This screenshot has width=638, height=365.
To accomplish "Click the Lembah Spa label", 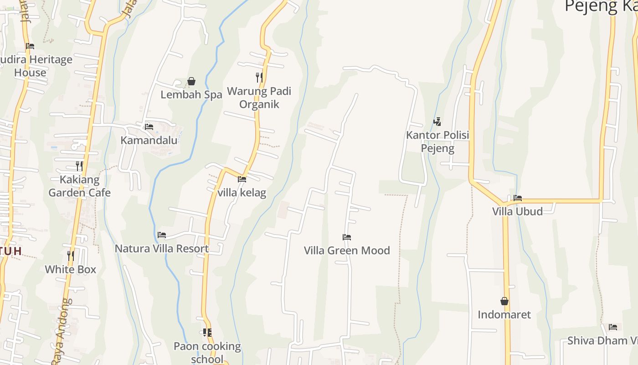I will [191, 95].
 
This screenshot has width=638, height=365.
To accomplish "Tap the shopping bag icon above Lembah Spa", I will [191, 81].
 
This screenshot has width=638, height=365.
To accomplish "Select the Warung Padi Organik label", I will [259, 98].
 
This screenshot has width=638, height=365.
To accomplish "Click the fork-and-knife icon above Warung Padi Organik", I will [259, 78].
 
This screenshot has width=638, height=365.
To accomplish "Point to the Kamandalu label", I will [149, 140].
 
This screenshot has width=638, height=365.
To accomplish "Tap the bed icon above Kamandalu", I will [149, 127].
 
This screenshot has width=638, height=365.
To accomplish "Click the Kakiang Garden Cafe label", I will [80, 186].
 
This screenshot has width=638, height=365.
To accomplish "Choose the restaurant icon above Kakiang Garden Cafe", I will [79, 166].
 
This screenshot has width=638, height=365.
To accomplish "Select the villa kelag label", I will [242, 193].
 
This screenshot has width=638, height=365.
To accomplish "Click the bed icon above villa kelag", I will [242, 179].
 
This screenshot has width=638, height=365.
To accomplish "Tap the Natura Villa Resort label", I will [162, 249].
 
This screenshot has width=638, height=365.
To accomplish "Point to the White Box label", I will [71, 269].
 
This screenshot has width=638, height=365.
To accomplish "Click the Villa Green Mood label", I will [347, 250].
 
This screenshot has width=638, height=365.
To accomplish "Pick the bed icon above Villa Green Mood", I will [347, 237].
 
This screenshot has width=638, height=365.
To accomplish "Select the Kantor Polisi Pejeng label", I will [437, 141].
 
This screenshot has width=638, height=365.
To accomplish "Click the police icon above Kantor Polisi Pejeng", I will [437, 122].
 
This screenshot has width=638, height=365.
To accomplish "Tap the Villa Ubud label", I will [517, 211].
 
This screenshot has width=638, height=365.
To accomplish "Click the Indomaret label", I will [504, 314].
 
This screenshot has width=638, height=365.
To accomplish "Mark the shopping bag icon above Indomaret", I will [504, 301].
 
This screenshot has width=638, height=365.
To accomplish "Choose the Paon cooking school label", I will [207, 352].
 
